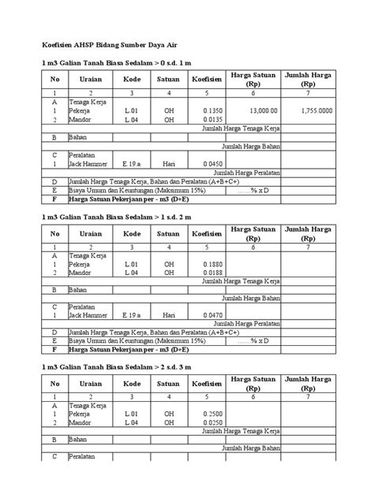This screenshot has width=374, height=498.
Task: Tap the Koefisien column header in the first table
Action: [208, 80]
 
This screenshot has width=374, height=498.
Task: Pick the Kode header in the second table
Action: [131, 233]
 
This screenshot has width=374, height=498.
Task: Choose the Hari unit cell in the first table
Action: [168, 164]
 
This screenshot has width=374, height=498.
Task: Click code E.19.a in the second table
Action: [131, 316]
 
